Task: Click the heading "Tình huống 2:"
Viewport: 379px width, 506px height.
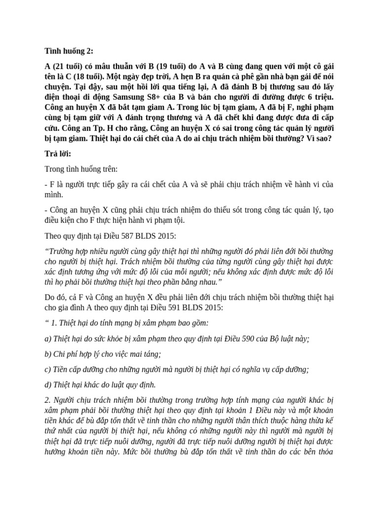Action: [69, 50]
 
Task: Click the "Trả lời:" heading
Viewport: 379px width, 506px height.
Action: [58, 153]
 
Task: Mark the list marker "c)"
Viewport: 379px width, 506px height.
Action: [48, 369]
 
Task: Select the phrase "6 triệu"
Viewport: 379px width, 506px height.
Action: [319, 96]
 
